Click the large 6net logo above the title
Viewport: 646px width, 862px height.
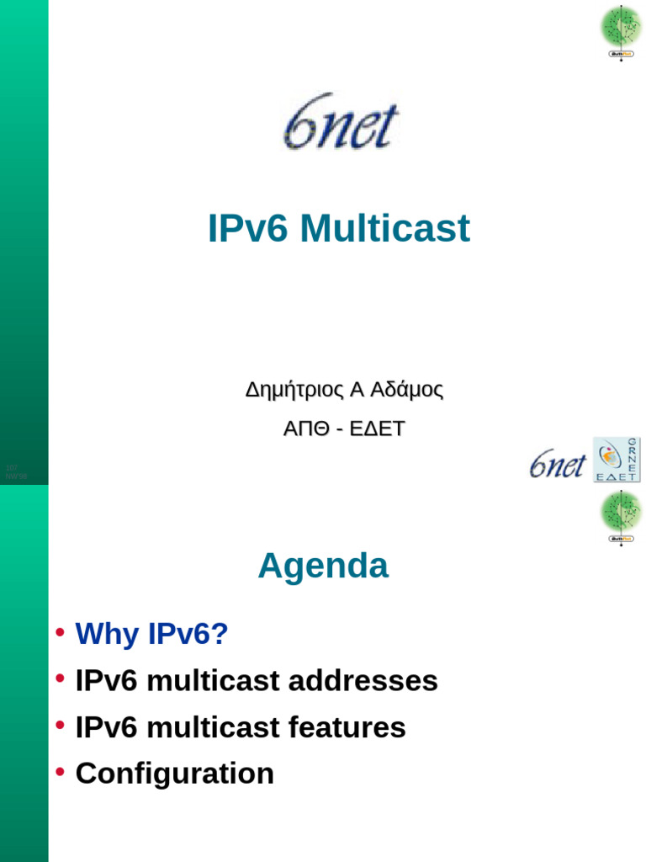pos(341,122)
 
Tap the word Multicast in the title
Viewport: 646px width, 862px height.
pos(384,229)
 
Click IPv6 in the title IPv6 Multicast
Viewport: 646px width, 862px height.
pos(250,229)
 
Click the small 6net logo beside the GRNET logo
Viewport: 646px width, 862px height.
pos(557,463)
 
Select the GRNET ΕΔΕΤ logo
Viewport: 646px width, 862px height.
pos(617,460)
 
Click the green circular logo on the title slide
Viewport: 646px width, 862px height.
pos(621,27)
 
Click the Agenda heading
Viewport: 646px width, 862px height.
pos(323,566)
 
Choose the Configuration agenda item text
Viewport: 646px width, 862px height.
pos(175,773)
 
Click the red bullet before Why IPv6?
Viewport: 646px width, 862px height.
pos(60,632)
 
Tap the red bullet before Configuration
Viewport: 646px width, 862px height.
pos(60,772)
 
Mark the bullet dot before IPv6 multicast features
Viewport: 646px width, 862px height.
pos(60,726)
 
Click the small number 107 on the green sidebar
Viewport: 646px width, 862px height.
pos(12,467)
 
